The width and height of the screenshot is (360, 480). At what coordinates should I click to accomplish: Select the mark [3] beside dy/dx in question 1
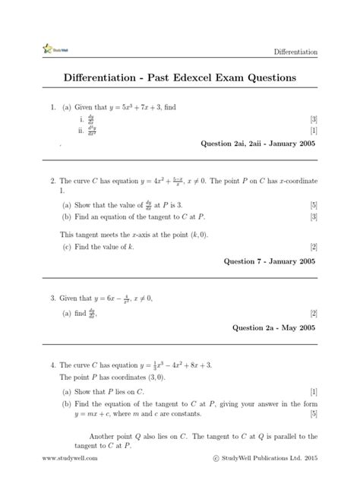click(313, 120)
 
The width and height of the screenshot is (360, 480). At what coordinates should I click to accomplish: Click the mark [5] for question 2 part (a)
click(313, 205)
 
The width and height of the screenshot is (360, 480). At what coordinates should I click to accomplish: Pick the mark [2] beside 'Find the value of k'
click(313, 247)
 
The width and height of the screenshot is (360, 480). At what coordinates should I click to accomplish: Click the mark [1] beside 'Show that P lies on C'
click(313, 391)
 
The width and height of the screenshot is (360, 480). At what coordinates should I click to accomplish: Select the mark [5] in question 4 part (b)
click(313, 414)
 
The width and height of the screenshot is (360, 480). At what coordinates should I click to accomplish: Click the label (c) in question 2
click(67, 247)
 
